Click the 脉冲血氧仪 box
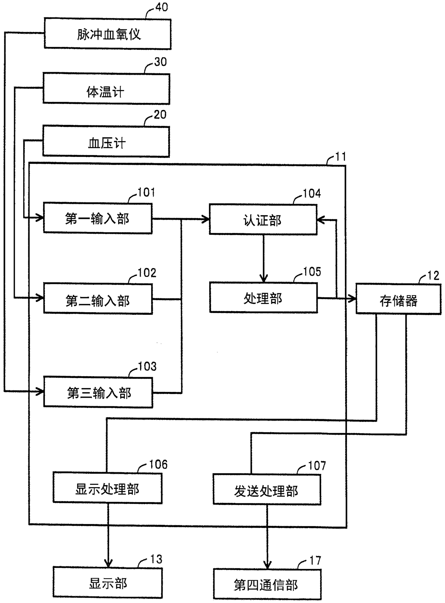tap(108, 34)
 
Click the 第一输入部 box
tap(98, 219)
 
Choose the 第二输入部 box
tap(98, 299)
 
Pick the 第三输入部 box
tap(98, 392)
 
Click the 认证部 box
tap(263, 220)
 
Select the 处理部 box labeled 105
tap(263, 298)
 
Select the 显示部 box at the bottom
tap(108, 583)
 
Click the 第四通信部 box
tap(267, 584)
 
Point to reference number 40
tap(161, 7)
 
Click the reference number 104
tap(311, 194)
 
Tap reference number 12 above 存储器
tap(433, 276)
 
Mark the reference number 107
tap(317, 466)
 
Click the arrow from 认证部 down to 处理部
tap(263, 258)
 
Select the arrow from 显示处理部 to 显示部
tap(108, 535)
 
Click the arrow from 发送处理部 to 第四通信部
tap(267, 537)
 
